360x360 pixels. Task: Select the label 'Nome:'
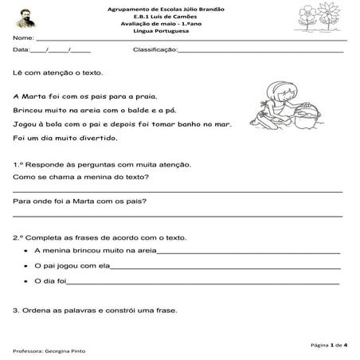[x=23, y=37]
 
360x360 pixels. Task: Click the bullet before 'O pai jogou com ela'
[x=26, y=266]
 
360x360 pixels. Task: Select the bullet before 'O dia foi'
[x=26, y=281]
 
